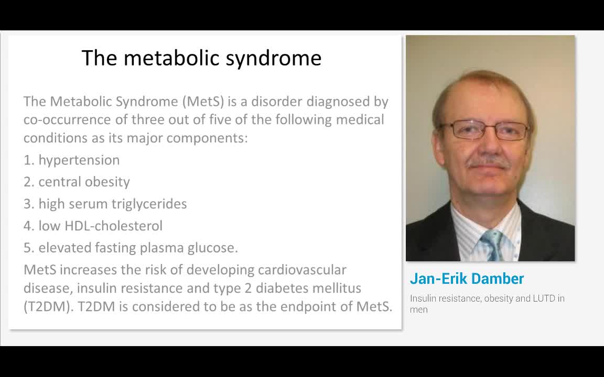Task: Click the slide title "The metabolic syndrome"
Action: pos(201,58)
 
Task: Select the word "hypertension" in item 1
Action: pos(79,160)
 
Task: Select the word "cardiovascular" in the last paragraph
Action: pos(302,270)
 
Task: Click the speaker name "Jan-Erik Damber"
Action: pos(467,279)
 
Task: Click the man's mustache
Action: pos(489,164)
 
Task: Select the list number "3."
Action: pos(29,204)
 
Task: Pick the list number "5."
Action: pos(29,248)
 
